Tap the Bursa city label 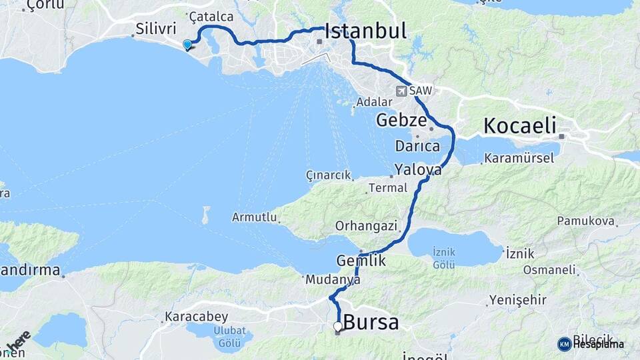click(371, 323)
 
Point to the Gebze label click(401, 121)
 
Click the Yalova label click(417, 169)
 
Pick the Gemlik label click(361, 261)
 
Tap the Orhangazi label click(366, 225)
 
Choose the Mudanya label click(333, 281)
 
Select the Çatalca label click(211, 15)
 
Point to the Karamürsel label click(519, 159)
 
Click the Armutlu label click(253, 217)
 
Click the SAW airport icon click(402, 91)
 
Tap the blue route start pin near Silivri click(187, 45)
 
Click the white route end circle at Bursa click(338, 326)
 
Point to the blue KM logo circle click(564, 344)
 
